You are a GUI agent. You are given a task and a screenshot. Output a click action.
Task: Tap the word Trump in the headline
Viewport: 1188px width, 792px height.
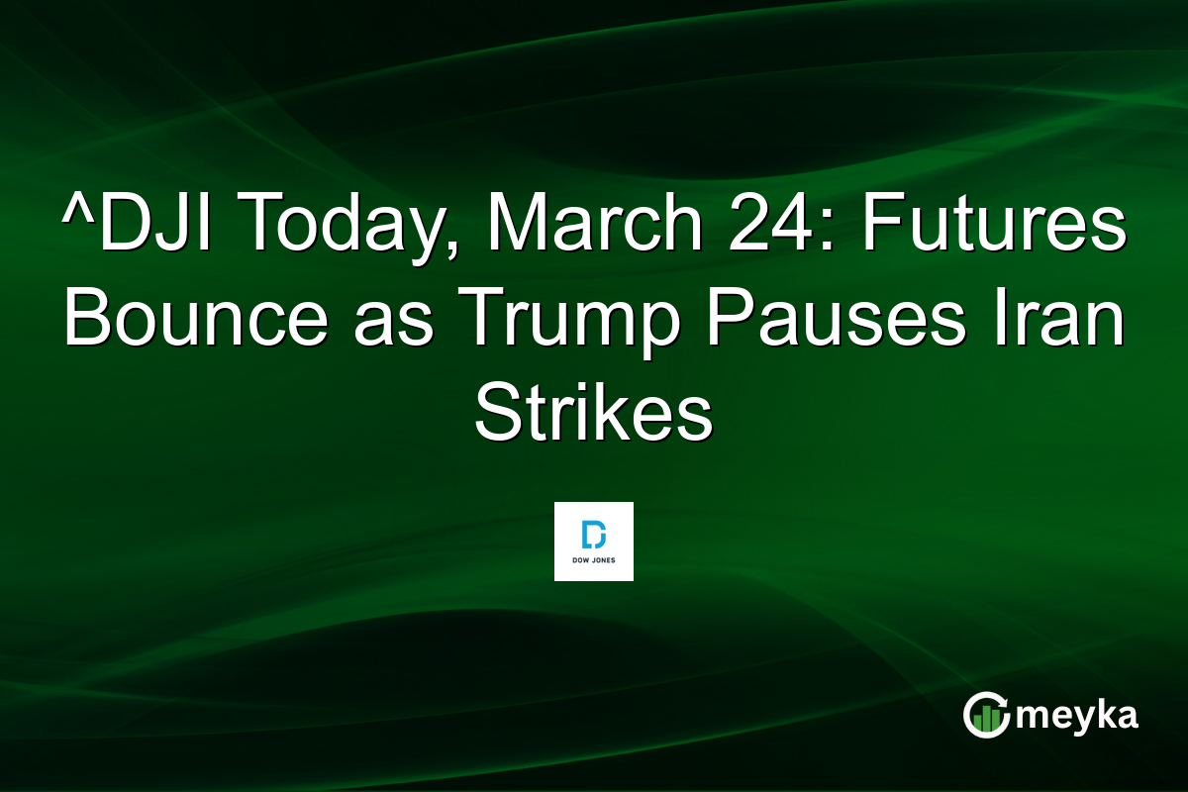coord(573,321)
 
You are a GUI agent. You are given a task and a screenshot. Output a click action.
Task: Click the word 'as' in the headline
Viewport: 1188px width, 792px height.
coord(396,327)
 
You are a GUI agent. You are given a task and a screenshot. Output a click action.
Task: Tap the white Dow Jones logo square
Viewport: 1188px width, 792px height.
coord(593,541)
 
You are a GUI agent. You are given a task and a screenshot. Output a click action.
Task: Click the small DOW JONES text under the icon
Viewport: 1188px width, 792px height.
coord(593,561)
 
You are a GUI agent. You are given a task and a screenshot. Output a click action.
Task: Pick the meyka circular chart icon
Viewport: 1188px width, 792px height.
coord(986,715)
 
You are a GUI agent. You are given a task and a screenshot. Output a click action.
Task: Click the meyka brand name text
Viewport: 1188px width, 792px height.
coord(1079,715)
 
